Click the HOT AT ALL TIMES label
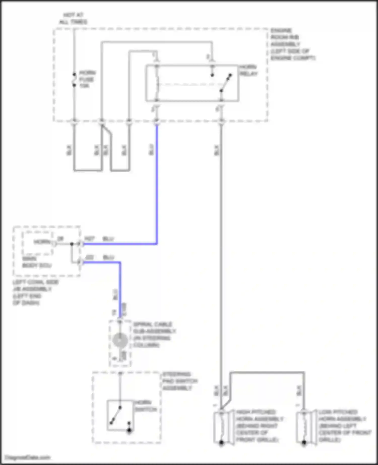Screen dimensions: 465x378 point(73,19)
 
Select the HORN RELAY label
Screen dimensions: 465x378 point(248,70)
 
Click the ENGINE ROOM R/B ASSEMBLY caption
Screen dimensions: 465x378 point(292,44)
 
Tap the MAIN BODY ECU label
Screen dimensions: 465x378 point(37,262)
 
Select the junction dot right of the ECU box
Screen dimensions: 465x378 point(72,244)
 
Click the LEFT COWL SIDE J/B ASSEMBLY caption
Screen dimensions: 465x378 point(35,292)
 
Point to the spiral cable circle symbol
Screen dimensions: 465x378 point(120,340)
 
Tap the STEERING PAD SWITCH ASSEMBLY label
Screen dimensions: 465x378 point(179,381)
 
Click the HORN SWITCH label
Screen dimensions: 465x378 point(145,406)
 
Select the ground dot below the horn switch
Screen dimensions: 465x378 point(129,430)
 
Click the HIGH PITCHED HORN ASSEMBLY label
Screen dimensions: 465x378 point(260,426)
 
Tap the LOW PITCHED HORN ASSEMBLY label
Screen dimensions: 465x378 point(344,426)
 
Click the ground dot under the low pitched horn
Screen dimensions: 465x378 point(304,442)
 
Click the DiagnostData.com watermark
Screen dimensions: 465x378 point(28,457)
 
